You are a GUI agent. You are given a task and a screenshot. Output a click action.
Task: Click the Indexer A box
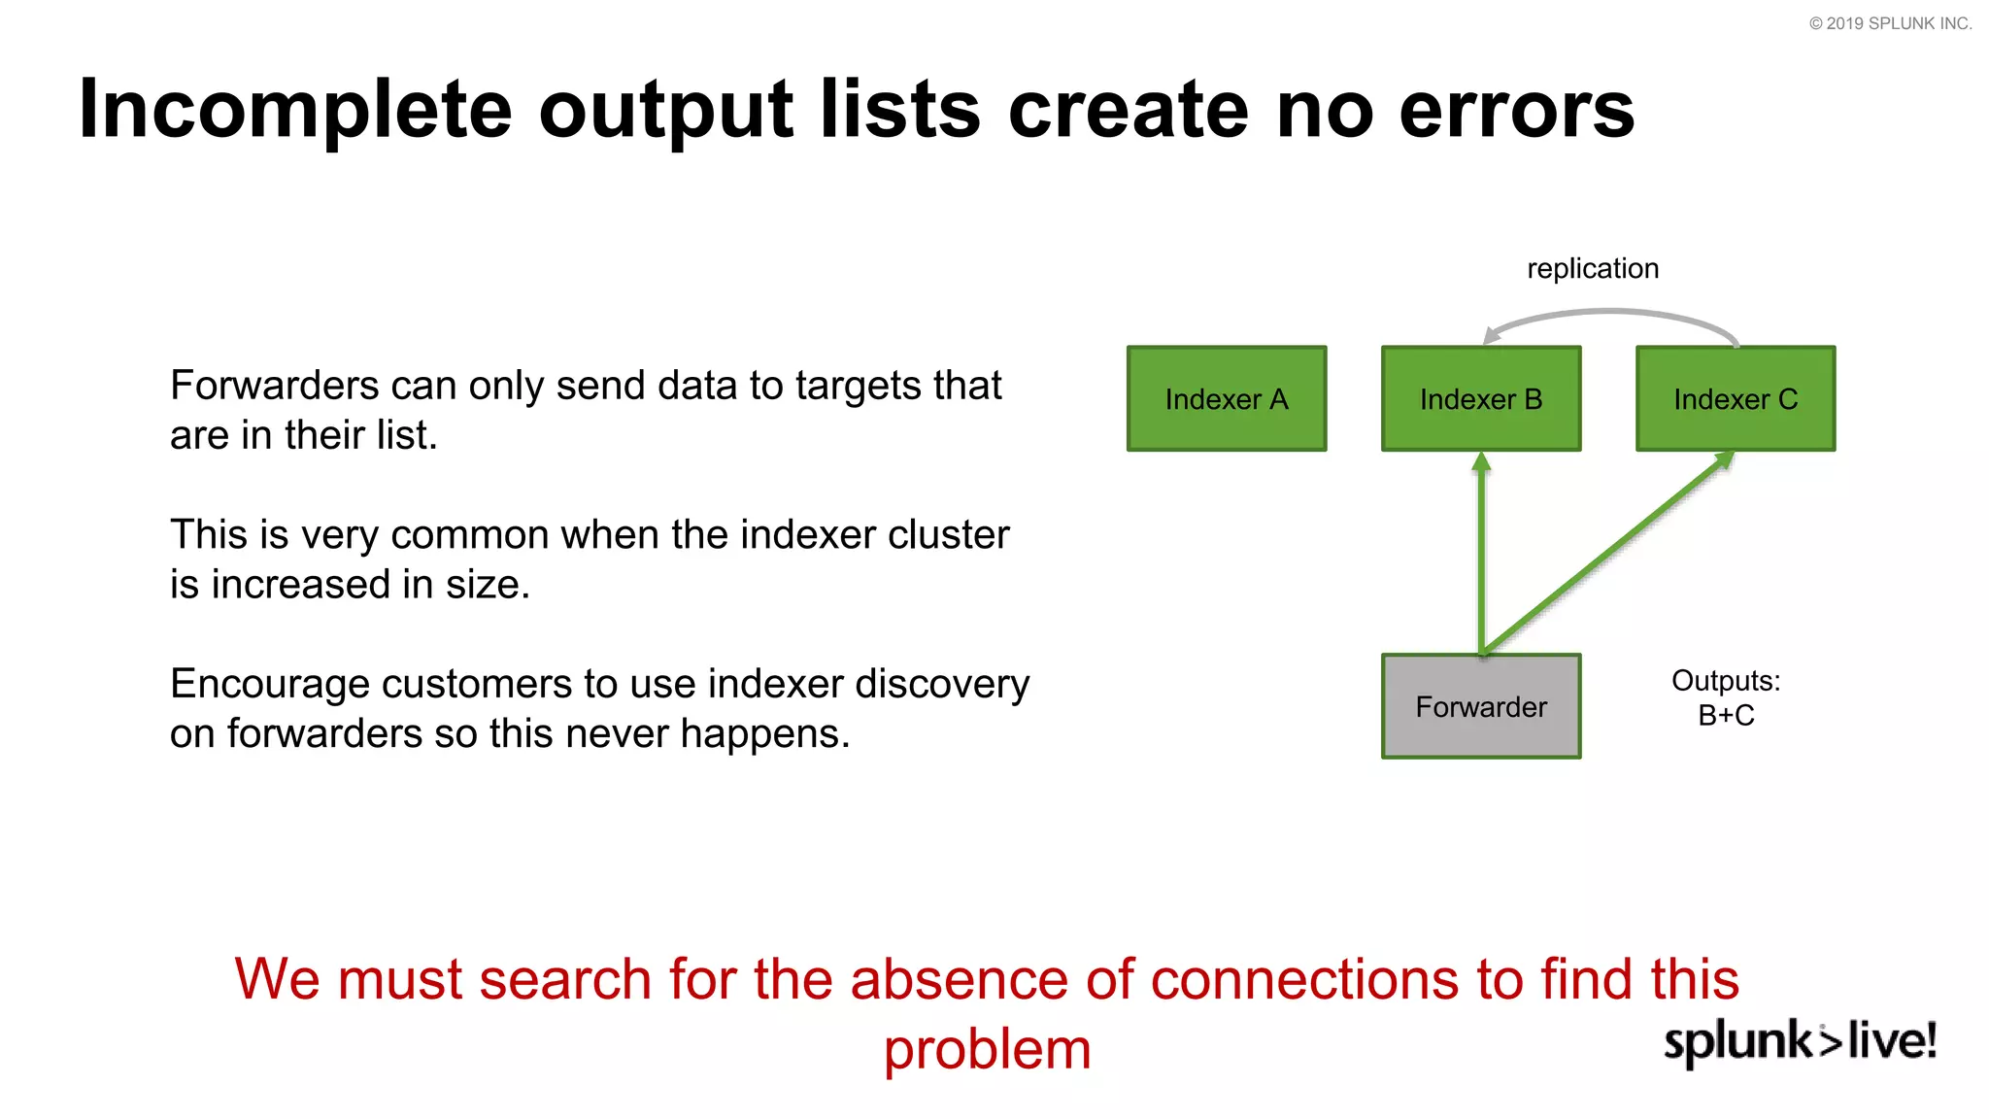1226,398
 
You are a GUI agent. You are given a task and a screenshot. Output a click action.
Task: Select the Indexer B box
1480,398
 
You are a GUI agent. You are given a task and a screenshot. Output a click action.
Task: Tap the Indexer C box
1736,398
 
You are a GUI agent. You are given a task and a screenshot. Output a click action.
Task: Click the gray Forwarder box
1480,706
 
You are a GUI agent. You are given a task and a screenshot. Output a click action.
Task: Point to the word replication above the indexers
1592,268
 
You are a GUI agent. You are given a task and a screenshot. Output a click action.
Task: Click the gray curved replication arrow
1612,312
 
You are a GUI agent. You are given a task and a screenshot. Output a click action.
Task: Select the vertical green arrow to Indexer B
1481,554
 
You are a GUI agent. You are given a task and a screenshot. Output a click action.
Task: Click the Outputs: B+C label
1726,697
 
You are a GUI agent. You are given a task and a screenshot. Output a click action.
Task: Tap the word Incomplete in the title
294,109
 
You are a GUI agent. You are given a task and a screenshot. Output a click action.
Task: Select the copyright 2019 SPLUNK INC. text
1890,23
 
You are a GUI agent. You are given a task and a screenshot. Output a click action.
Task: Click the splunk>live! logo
1800,1040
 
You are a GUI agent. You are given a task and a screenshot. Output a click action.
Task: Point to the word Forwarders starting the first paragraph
273,386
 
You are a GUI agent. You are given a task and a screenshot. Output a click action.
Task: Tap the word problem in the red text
987,1050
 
